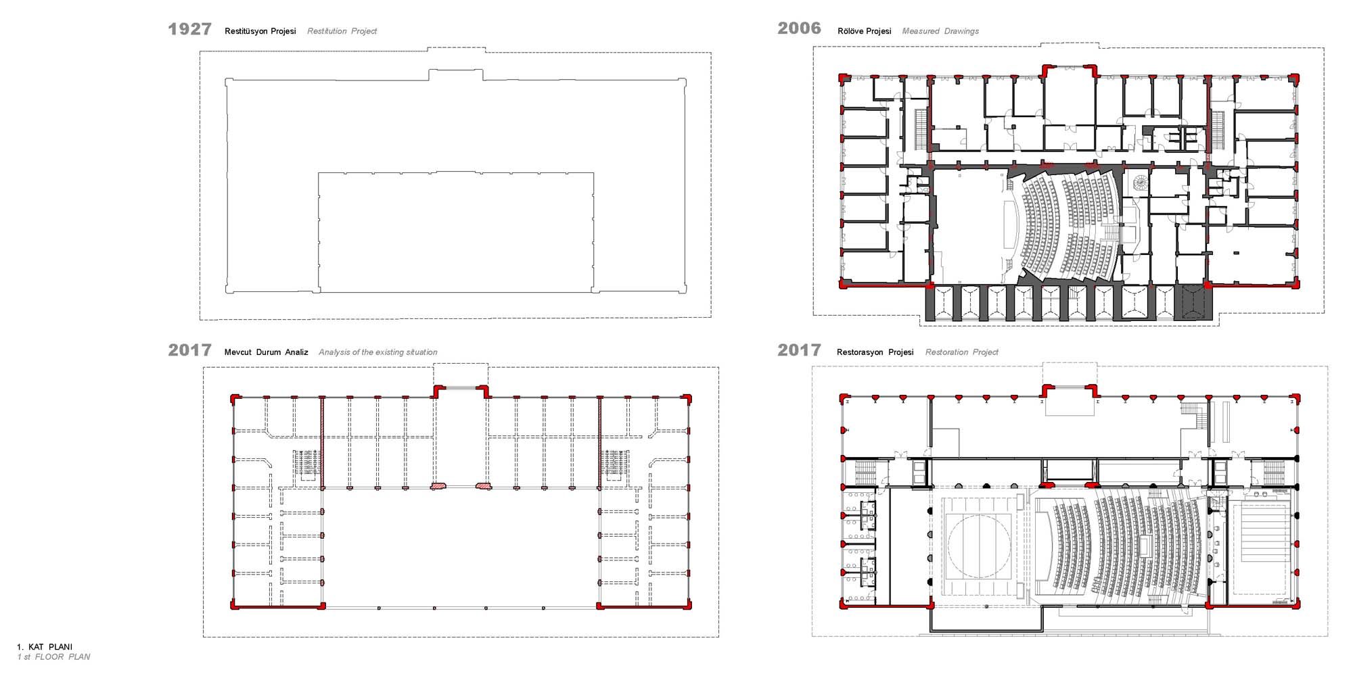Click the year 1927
pyautogui.click(x=189, y=29)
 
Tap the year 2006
pyautogui.click(x=799, y=28)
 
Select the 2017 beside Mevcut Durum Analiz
pyautogui.click(x=189, y=350)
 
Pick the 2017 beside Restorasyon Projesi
pyautogui.click(x=799, y=350)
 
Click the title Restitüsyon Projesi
pyautogui.click(x=260, y=31)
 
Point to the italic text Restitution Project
pyautogui.click(x=342, y=31)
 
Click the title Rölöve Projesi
pyautogui.click(x=865, y=31)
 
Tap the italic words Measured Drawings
pyautogui.click(x=940, y=31)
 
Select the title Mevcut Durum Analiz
pyautogui.click(x=266, y=352)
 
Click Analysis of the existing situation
pyautogui.click(x=377, y=352)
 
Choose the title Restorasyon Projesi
pyautogui.click(x=875, y=352)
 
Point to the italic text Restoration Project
pyautogui.click(x=961, y=352)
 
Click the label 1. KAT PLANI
pyautogui.click(x=45, y=647)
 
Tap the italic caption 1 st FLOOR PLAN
pyautogui.click(x=53, y=657)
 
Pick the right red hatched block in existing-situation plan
pyautogui.click(x=484, y=485)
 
